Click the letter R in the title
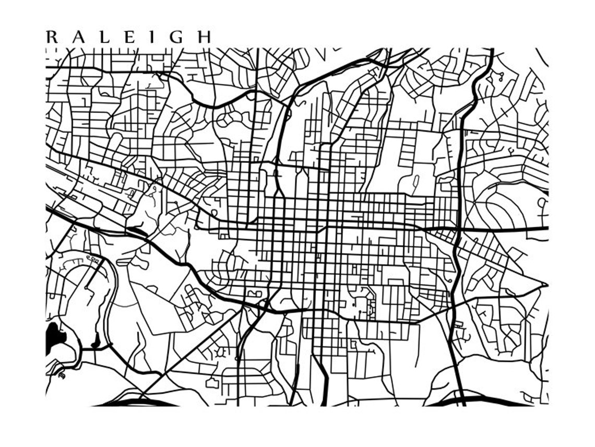(x=52, y=38)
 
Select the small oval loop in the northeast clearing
(x=415, y=182)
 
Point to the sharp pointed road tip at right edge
(x=545, y=285)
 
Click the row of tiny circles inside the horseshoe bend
(x=92, y=258)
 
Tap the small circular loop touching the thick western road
(x=214, y=213)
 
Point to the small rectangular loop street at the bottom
(x=212, y=383)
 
